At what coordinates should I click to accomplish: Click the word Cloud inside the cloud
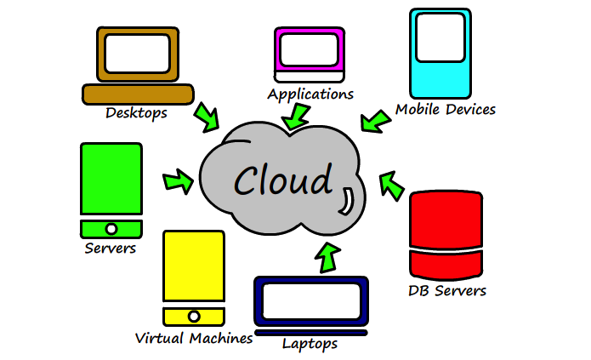coord(283,180)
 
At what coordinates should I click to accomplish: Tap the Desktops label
coord(136,112)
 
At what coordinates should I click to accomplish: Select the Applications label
coord(310,94)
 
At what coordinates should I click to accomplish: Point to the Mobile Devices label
coord(446,110)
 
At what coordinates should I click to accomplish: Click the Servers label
coord(111,249)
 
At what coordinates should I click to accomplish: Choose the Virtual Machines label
coord(194,338)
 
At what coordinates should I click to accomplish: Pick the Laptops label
coord(310,344)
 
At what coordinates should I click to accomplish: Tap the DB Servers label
coord(447,291)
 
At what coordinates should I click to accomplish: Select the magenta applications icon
coord(310,51)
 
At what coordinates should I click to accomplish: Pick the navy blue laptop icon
coord(310,302)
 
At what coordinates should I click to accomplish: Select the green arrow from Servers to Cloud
coord(178,180)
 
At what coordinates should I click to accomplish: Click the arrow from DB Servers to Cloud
coord(391,184)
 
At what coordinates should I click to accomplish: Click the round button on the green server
coord(111,229)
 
